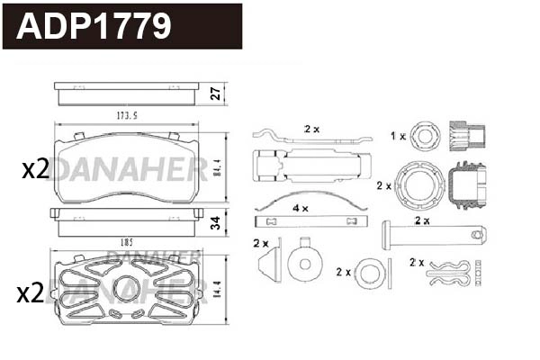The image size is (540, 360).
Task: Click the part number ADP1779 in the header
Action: tap(94, 25)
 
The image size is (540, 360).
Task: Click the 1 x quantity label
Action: tap(397, 135)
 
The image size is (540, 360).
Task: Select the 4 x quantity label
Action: tap(301, 208)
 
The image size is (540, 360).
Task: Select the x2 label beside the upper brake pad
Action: tap(34, 168)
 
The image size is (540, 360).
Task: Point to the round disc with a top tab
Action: tap(305, 262)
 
